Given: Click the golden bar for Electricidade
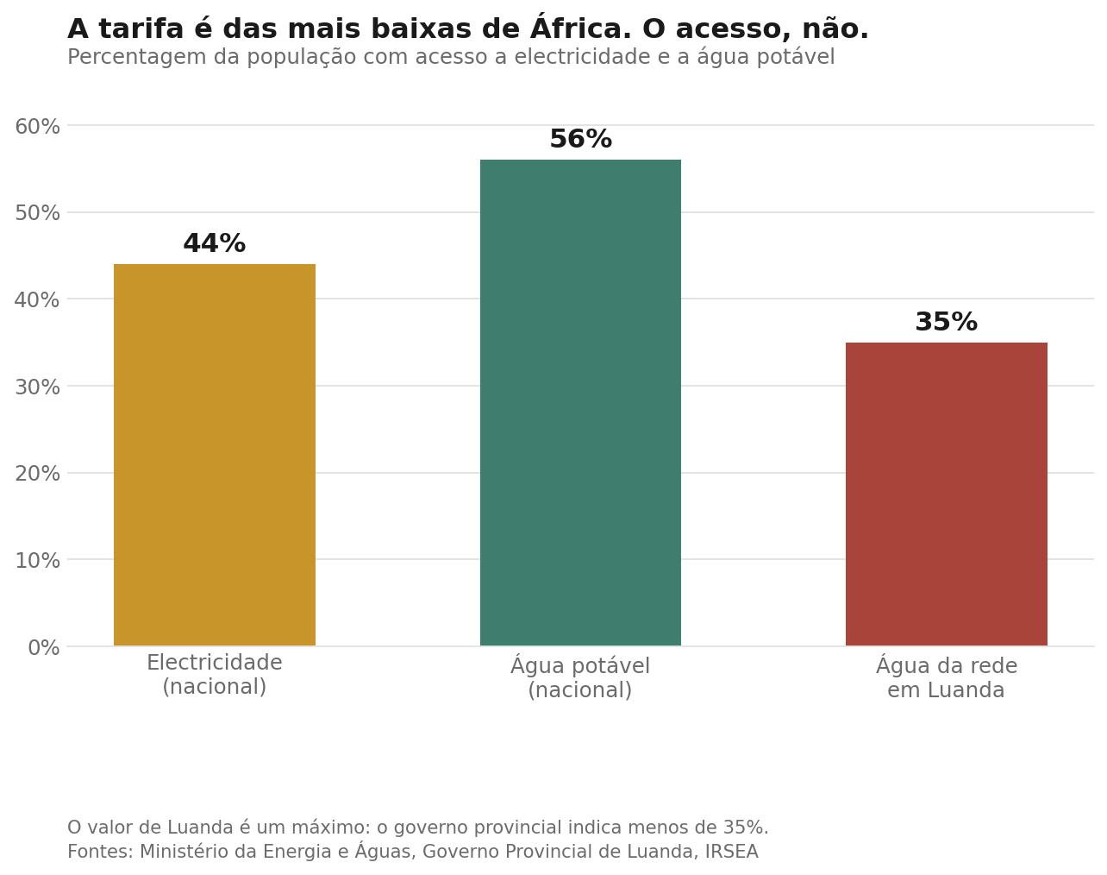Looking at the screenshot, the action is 215,455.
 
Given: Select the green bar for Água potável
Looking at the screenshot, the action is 580,403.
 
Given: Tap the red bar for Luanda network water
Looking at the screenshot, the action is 947,494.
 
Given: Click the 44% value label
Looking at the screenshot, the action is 215,243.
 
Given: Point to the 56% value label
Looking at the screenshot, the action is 581,139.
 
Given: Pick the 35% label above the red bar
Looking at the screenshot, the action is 947,322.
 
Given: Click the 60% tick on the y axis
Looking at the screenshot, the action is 37,127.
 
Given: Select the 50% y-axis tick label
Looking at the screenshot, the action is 37,213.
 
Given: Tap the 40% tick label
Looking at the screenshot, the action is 37,299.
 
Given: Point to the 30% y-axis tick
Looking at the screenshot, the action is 37,387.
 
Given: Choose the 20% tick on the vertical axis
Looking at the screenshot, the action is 37,473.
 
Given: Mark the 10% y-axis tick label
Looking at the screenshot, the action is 37,560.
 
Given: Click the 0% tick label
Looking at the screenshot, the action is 44,647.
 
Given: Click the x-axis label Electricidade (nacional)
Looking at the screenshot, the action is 215,675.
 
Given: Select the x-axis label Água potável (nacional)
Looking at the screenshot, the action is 580,677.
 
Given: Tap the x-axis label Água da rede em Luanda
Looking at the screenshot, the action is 947,677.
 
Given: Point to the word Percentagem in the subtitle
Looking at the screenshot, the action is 137,57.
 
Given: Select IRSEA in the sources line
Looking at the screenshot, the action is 731,852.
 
